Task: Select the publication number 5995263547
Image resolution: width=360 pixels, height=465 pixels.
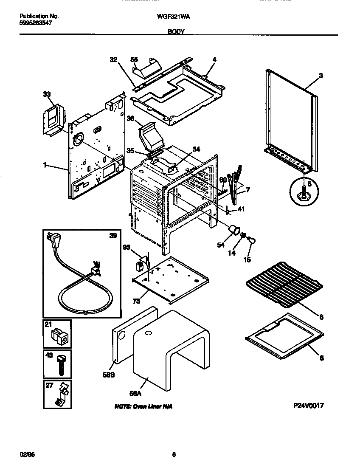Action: [36, 24]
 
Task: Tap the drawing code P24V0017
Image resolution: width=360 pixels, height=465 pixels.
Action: [309, 406]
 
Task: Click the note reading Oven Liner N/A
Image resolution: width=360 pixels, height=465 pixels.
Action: [143, 407]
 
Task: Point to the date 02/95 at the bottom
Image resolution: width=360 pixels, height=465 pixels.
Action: [26, 454]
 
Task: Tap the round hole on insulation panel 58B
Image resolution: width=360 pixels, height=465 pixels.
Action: [121, 336]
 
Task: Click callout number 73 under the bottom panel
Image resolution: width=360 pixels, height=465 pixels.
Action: [136, 301]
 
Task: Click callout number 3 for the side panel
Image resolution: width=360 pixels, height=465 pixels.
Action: [321, 75]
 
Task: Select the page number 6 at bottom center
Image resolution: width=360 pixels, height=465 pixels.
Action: [174, 454]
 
